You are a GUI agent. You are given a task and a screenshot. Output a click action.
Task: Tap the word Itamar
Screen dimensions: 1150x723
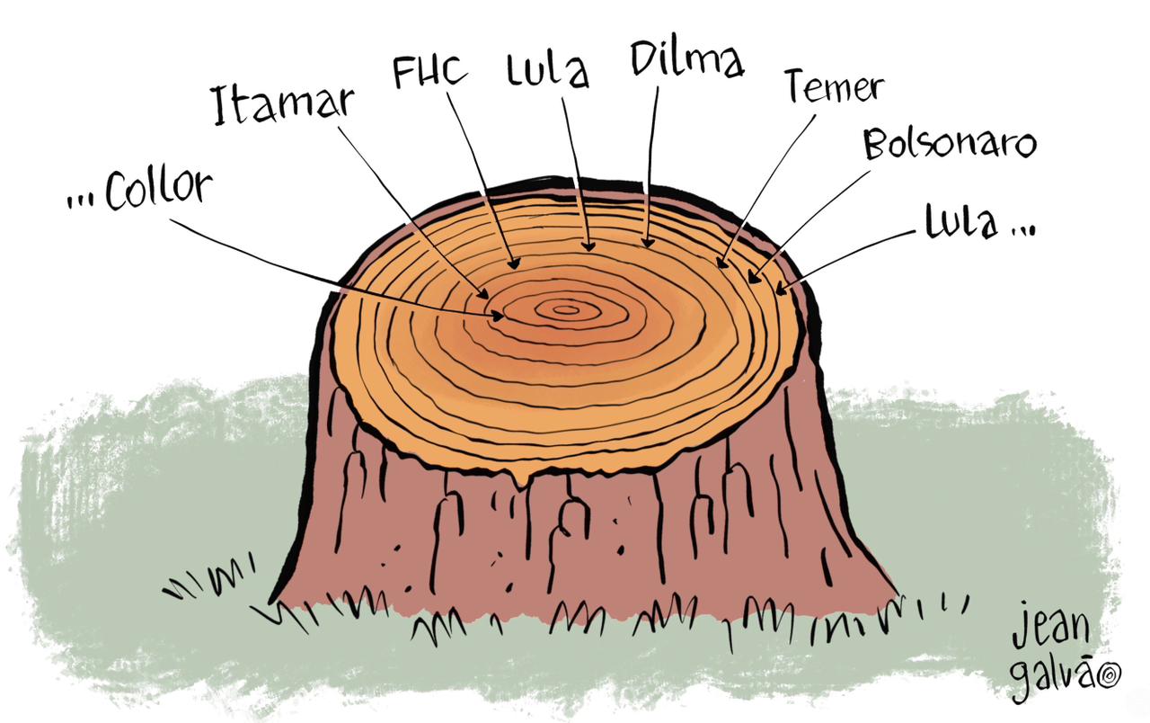coord(283,105)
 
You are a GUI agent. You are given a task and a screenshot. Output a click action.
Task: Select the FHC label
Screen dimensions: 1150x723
coord(430,72)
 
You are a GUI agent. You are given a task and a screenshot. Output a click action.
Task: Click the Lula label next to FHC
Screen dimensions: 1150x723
coord(547,70)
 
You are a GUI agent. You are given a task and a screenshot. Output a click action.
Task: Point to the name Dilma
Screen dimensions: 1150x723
coord(687,59)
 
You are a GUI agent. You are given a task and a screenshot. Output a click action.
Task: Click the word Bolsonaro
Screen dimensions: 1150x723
coord(950,143)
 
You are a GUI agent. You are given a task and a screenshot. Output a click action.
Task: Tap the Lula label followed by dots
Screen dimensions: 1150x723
coord(961,222)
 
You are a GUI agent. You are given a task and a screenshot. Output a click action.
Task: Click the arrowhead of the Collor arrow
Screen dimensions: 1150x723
coord(499,316)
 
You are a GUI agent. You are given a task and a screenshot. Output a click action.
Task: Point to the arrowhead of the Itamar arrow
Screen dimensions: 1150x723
coord(483,294)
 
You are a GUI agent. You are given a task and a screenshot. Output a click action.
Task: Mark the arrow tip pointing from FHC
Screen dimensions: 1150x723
coord(515,264)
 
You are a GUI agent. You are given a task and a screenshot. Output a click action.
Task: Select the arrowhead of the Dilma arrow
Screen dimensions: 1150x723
coord(648,242)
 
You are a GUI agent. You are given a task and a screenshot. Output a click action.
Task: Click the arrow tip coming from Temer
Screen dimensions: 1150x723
coord(721,263)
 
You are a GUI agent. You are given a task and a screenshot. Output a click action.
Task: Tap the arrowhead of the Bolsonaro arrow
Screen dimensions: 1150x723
coord(753,278)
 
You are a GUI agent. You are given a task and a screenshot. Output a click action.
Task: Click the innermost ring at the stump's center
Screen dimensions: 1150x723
coord(565,310)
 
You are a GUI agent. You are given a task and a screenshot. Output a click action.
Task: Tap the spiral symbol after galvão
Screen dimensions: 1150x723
coord(1109,676)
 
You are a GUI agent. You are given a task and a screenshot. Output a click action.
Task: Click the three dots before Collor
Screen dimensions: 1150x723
coord(81,201)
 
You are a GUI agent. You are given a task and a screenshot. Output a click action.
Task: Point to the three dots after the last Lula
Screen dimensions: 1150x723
coord(1022,230)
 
